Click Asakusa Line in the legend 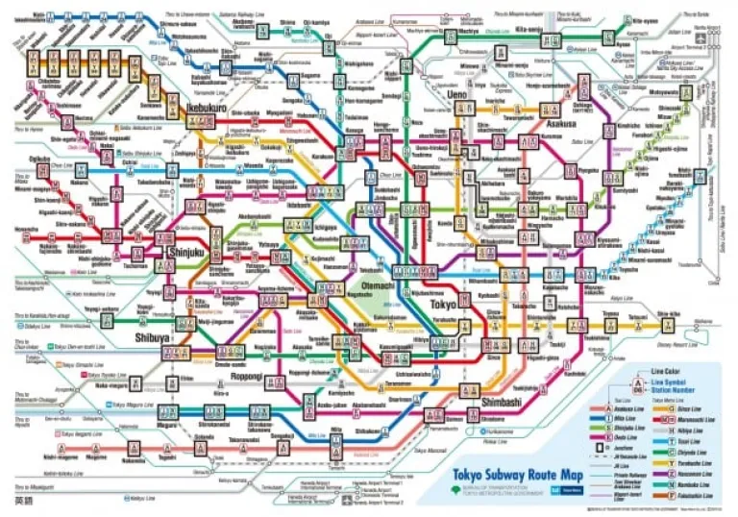pos(616,409)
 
